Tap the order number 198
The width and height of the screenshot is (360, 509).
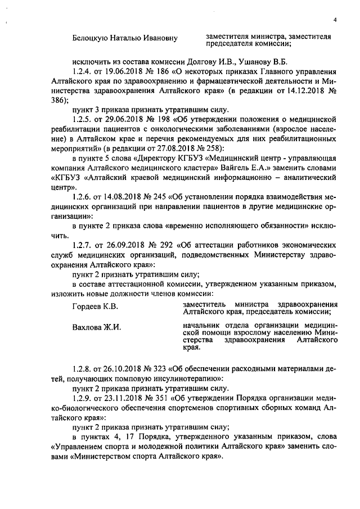point(168,120)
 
